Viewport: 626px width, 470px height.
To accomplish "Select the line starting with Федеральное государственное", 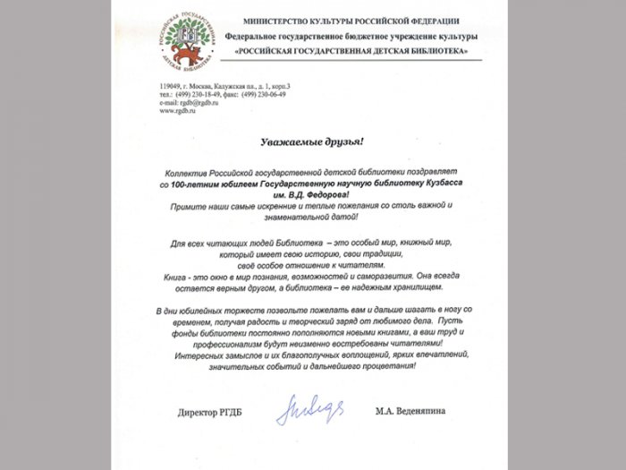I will [351, 36].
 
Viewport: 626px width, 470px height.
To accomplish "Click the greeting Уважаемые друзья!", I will [312, 141].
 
